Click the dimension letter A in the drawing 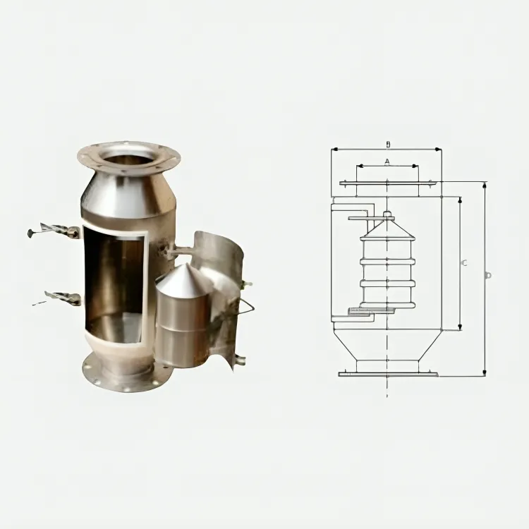[387, 162]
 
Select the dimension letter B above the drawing [387, 145]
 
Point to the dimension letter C [463, 263]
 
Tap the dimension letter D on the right [487, 275]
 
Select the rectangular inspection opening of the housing [114, 286]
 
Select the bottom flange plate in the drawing [388, 373]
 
